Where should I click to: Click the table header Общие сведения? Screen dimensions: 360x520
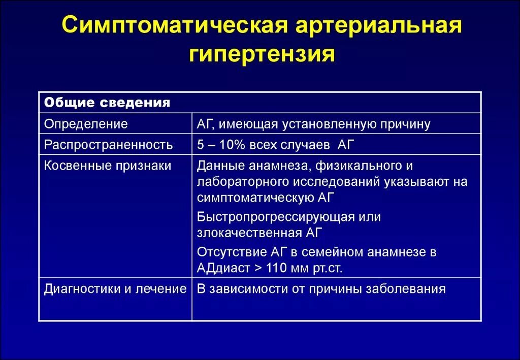[107, 103]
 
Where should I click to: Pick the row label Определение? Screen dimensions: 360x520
[86, 124]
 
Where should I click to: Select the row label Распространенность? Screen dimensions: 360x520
[108, 145]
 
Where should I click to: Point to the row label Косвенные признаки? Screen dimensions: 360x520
[108, 166]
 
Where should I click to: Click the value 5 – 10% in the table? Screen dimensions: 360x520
[221, 145]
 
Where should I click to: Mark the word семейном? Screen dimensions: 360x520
[332, 252]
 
